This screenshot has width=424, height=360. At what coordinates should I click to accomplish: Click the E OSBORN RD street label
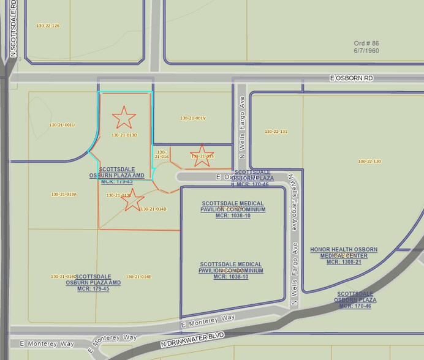350,78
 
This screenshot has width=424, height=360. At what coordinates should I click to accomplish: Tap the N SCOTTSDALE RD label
12,31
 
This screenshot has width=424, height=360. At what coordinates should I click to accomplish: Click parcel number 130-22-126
48,26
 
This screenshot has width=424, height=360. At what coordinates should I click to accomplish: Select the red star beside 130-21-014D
134,200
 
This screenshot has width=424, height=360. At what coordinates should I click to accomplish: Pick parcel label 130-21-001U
61,125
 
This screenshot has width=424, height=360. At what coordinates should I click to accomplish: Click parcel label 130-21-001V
193,118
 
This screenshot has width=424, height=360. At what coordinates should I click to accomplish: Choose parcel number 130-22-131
276,132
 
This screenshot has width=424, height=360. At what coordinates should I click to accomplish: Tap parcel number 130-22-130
369,161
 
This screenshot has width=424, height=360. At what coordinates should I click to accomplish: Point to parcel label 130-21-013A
64,194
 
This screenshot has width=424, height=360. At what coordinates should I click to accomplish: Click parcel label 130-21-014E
138,277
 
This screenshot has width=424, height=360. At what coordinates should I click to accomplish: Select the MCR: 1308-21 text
343,262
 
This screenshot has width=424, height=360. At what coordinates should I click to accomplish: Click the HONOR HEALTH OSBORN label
343,249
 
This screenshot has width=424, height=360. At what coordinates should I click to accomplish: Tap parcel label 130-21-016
162,154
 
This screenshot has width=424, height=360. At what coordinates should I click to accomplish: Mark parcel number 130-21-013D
124,135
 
